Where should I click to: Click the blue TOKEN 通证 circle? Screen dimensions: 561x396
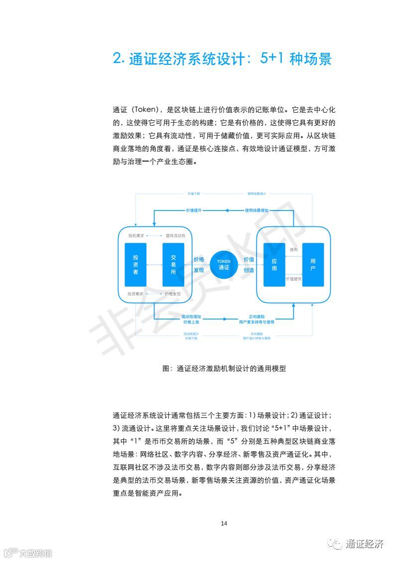point(224,265)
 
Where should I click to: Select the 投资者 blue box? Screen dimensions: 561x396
point(135,265)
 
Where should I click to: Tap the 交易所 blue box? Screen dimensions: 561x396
point(173,265)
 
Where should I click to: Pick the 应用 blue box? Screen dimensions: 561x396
point(274,265)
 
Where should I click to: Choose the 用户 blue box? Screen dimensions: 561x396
point(313,265)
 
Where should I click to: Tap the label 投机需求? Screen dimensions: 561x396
point(135,235)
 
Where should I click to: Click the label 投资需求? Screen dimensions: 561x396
point(135,294)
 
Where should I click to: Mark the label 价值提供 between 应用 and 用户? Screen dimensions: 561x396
point(293,279)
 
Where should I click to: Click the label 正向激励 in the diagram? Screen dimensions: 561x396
point(257,316)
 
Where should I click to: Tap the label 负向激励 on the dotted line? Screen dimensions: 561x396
point(257,334)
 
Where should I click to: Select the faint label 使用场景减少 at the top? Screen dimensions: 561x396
point(257,193)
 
